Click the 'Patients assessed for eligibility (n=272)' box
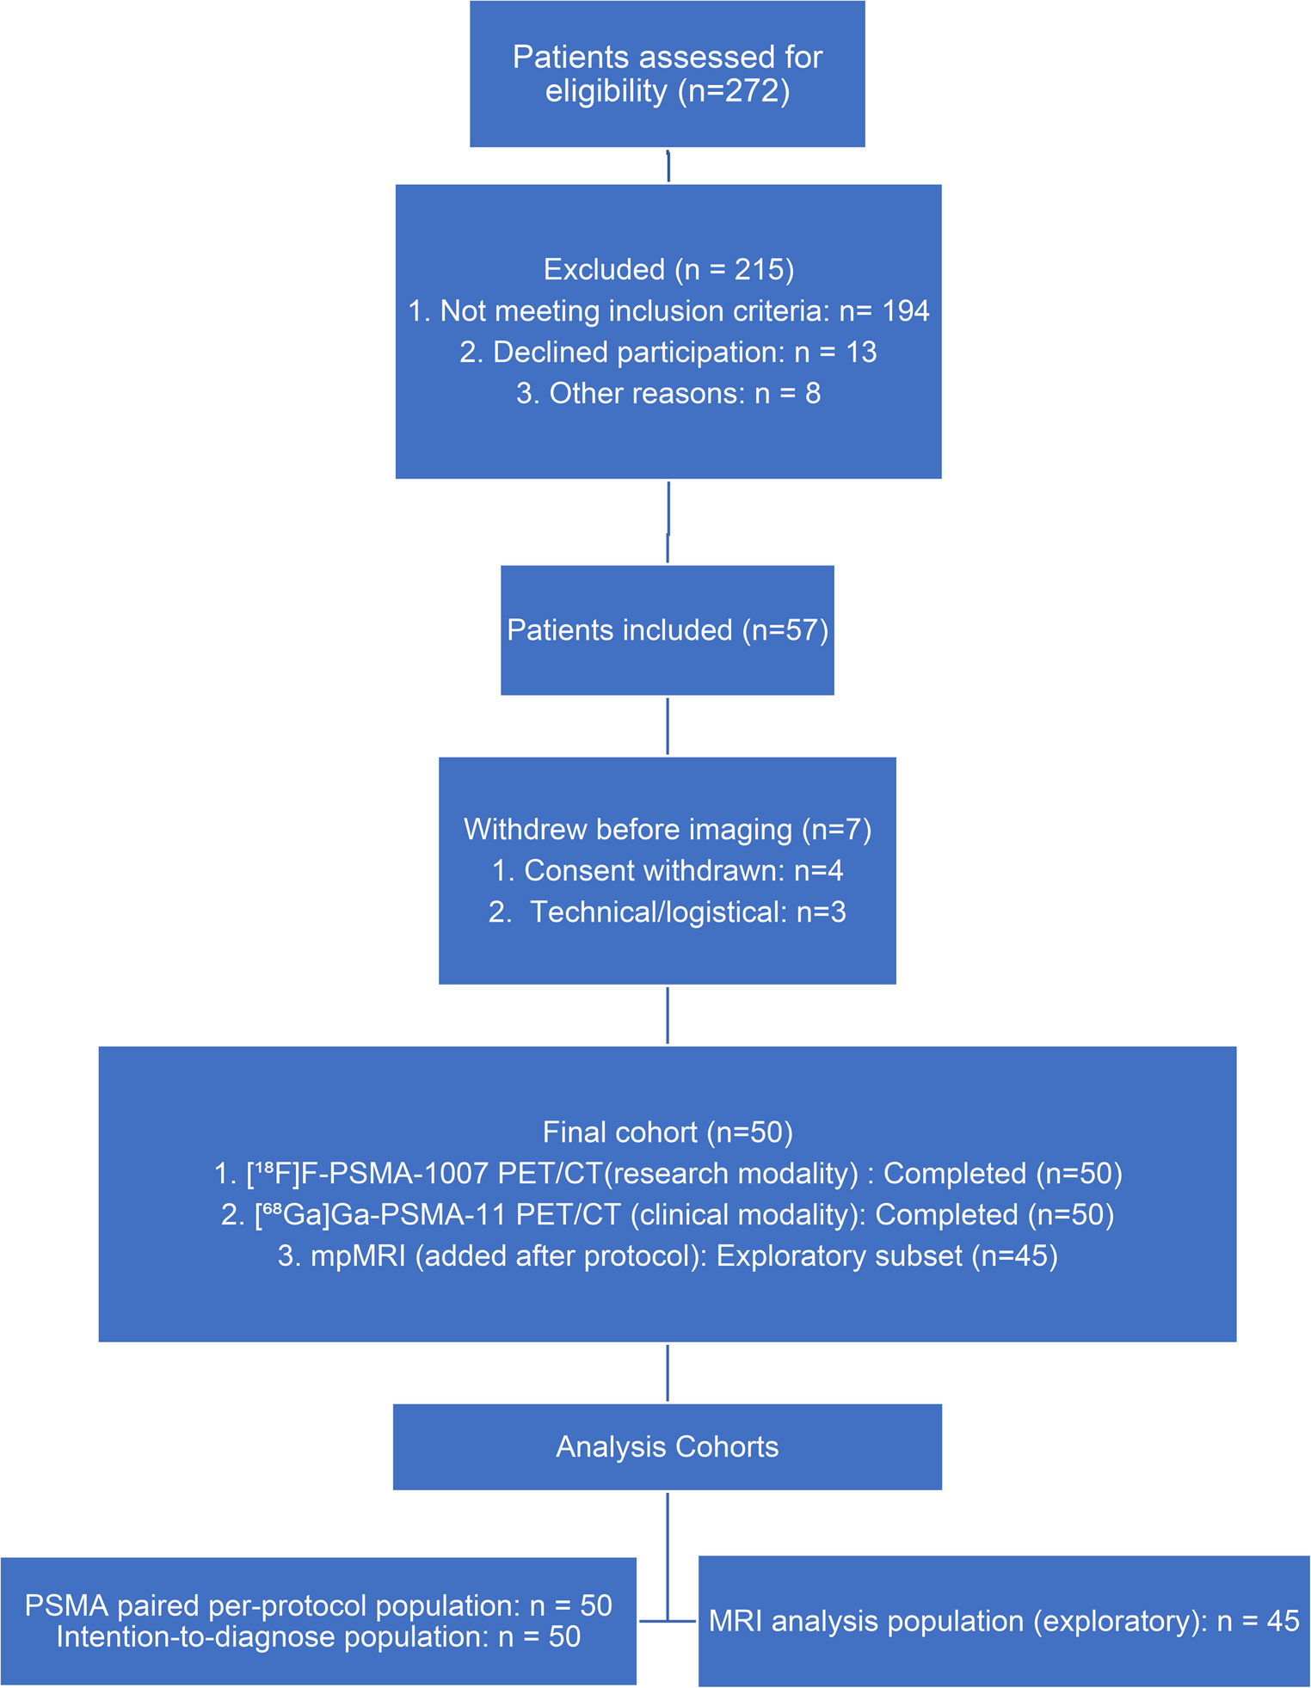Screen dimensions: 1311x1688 coord(668,74)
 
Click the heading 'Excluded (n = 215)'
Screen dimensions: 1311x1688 coord(668,270)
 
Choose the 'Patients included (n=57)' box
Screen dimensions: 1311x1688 coord(668,630)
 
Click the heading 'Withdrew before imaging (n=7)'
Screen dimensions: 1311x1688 coord(668,830)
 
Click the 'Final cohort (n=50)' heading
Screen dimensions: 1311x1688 coord(668,1132)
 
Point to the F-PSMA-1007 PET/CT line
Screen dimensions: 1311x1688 coord(668,1174)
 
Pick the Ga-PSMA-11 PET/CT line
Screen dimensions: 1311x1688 coord(668,1215)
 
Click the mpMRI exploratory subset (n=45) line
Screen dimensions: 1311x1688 coord(668,1256)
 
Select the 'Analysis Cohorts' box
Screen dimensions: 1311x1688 coord(668,1447)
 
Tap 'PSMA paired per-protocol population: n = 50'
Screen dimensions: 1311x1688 coord(318,1605)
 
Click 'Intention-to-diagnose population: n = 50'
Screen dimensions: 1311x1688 coord(318,1636)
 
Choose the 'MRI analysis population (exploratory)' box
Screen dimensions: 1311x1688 coord(1004,1621)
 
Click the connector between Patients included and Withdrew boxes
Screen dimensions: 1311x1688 coord(668,727)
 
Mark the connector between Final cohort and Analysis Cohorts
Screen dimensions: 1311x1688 coord(668,1373)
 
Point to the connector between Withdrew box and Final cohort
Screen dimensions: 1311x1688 coord(668,1016)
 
